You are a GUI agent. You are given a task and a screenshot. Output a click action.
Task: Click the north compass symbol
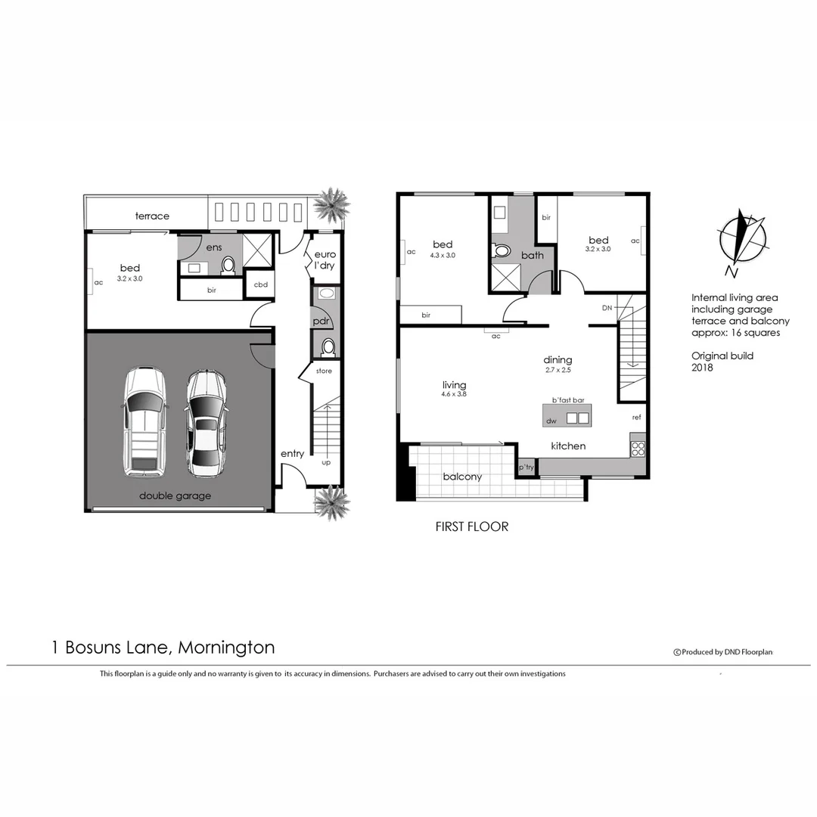[741, 239]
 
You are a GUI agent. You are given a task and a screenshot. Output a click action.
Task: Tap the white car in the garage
[144, 421]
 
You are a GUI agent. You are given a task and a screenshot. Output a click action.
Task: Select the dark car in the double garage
[206, 422]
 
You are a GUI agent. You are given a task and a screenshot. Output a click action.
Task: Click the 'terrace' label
[152, 216]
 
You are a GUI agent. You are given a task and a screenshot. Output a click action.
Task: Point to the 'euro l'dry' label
[325, 260]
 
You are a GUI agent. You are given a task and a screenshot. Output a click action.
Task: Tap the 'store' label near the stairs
[324, 371]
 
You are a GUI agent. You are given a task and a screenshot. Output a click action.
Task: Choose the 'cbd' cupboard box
[261, 284]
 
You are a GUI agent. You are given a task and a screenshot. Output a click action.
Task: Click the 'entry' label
[292, 454]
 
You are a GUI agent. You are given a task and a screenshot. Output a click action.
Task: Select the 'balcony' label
[462, 477]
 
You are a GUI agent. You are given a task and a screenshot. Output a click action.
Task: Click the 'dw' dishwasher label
[551, 421]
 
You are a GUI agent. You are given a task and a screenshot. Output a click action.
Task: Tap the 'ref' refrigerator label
[637, 417]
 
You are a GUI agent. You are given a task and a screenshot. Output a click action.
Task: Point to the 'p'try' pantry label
[526, 469]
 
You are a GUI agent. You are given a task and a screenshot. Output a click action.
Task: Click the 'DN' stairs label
[607, 308]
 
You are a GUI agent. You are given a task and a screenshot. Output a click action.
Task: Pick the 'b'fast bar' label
[568, 399]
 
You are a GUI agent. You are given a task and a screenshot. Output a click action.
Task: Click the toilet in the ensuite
[228, 265]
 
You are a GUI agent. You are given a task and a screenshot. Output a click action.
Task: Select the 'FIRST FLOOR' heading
[472, 527]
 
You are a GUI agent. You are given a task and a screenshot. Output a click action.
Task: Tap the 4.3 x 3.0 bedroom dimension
[443, 256]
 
